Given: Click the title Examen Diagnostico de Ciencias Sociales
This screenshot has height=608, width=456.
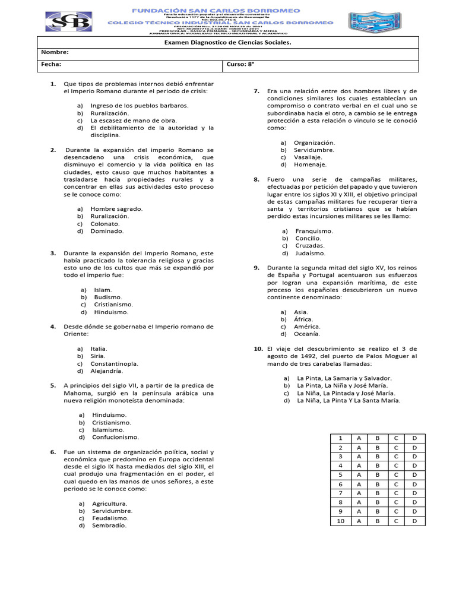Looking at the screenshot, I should [227, 42].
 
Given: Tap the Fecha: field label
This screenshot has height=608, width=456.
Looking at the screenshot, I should [50, 64].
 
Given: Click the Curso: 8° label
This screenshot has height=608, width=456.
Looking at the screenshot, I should [240, 64].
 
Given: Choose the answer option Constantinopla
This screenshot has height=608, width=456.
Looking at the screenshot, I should [115, 363].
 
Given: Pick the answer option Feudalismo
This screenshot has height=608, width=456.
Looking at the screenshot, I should [110, 518].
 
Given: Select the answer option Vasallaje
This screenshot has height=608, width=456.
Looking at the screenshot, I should [308, 157].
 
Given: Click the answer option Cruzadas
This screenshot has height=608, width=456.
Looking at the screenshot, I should [310, 246].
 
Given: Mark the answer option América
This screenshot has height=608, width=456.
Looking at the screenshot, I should [307, 327].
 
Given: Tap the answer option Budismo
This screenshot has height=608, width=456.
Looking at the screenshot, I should [108, 297].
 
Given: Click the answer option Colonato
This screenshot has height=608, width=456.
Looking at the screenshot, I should [105, 223].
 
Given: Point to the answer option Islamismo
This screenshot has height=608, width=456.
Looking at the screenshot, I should [108, 429].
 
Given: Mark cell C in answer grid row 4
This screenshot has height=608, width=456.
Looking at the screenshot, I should [395, 466].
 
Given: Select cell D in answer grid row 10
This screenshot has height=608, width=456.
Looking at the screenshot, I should [414, 521].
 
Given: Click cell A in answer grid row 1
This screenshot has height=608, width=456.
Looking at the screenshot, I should [359, 438].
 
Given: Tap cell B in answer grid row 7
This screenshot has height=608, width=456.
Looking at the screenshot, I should [377, 493].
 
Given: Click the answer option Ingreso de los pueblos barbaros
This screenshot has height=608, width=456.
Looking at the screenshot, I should [139, 105].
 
